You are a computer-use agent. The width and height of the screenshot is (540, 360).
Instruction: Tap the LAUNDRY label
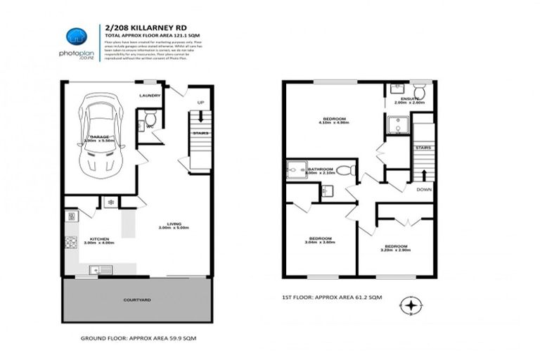150,95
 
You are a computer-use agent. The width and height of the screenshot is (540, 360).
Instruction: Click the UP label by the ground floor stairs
200,102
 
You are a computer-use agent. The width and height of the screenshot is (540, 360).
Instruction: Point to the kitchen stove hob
71,243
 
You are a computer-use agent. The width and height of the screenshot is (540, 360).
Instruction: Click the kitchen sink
98,269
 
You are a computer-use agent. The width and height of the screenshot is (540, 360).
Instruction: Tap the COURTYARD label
137,300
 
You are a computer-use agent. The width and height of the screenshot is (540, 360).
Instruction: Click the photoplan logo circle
76,38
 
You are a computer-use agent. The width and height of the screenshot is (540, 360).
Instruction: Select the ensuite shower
397,125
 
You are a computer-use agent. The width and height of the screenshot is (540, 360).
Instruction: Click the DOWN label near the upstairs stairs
423,189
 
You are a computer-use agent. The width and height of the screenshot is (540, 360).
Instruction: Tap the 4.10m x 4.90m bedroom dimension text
335,123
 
